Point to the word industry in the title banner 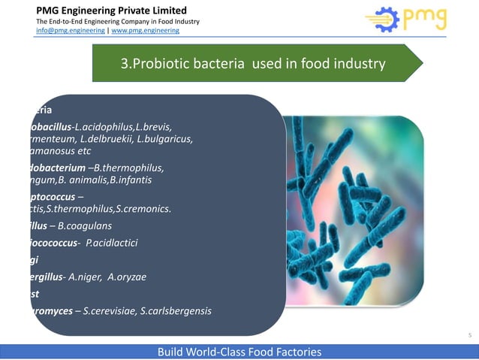(360, 64)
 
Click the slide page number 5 (469, 335)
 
